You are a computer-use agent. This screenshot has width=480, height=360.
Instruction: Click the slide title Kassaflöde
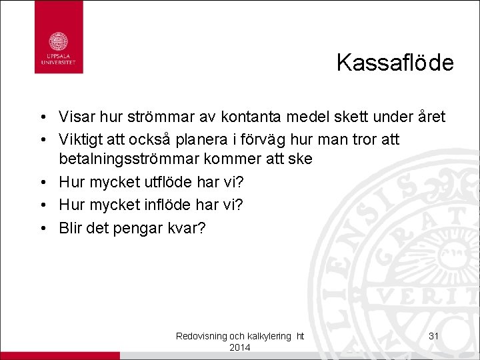[395, 63]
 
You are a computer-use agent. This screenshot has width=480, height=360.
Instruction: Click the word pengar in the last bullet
[139, 228]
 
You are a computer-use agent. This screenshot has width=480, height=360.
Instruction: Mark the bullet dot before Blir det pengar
[41, 228]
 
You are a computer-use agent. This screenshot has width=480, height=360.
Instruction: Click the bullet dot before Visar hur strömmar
[41, 118]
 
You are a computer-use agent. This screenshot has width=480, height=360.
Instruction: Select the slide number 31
[433, 336]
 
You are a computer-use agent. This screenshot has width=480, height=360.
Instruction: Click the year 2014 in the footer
[239, 348]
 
